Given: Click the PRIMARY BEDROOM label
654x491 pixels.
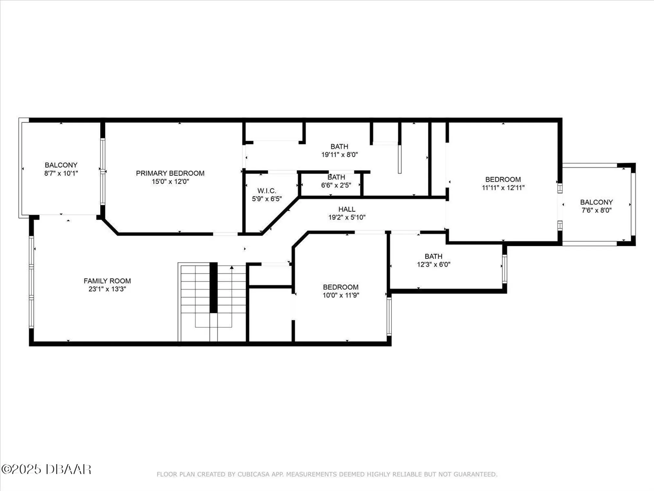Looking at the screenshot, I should tap(170, 173).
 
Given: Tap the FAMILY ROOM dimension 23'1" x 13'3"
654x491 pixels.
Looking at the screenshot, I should tap(107, 289).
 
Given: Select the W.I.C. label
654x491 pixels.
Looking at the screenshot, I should tap(267, 191).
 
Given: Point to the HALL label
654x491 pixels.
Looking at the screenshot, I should tap(347, 209).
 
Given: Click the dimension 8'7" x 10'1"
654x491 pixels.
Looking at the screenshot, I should tap(61, 173).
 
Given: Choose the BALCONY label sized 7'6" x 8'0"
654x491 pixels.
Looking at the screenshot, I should tap(596, 202).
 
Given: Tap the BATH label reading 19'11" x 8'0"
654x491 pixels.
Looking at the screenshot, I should tap(339, 147).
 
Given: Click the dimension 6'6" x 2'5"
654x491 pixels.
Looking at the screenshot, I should tap(336, 185).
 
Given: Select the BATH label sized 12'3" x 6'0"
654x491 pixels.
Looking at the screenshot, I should tap(433, 256).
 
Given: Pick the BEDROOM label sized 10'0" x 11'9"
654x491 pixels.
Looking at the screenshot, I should tap(340, 287).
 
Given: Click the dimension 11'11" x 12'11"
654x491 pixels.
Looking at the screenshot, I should tap(503, 188).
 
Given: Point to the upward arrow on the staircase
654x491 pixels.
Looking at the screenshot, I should tap(232, 268).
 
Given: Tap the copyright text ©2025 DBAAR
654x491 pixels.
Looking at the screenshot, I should tap(46, 469).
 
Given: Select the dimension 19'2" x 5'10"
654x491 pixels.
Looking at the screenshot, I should tap(347, 217).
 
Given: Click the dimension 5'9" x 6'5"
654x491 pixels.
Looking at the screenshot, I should tap(267, 199).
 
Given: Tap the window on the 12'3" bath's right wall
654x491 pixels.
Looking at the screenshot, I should tap(504, 269).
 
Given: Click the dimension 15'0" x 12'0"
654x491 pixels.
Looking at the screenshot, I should tap(170, 181).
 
